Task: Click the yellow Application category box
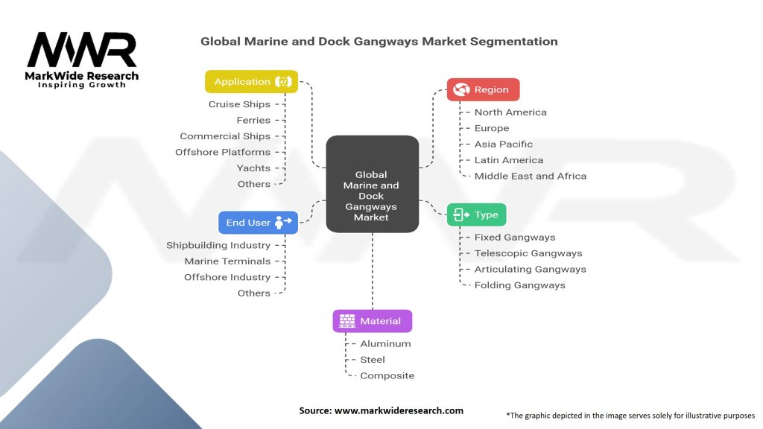(252, 82)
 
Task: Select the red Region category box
(483, 89)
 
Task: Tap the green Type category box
(476, 214)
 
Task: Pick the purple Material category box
(372, 321)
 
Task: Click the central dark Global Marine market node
(372, 184)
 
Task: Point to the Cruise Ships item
(239, 104)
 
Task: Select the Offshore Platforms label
(223, 152)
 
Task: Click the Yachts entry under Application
(253, 168)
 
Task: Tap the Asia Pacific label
(504, 144)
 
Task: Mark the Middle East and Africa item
(531, 176)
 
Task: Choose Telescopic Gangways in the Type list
(528, 253)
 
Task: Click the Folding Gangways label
(520, 285)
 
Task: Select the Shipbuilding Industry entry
(218, 245)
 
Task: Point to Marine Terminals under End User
(227, 261)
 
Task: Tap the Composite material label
(387, 375)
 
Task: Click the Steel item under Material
(373, 360)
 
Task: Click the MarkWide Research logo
(82, 57)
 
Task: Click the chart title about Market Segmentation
(379, 42)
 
